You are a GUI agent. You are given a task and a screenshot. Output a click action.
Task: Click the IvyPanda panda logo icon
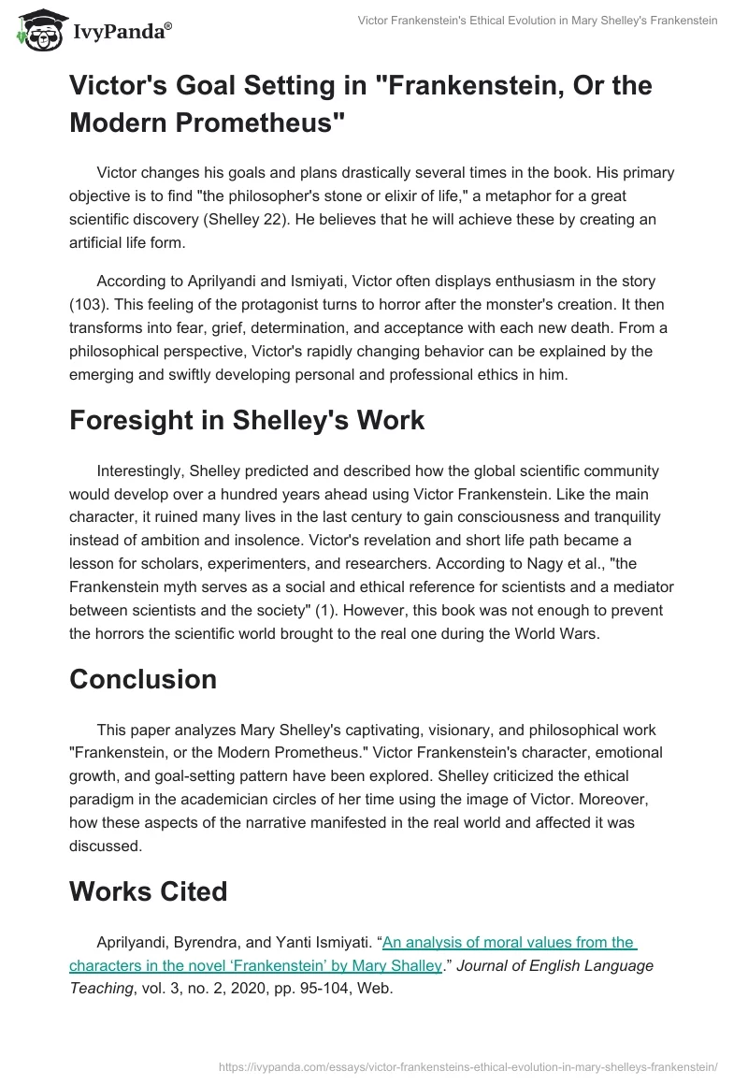(x=36, y=30)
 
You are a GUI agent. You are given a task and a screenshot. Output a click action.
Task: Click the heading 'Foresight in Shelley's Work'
(x=247, y=420)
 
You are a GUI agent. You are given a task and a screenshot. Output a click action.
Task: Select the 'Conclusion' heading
(x=143, y=679)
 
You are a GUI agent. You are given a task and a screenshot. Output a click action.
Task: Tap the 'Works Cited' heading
(x=148, y=891)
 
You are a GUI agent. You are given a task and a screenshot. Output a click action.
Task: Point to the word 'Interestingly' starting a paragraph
(x=141, y=470)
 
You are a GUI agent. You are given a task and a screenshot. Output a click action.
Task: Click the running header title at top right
(x=538, y=20)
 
